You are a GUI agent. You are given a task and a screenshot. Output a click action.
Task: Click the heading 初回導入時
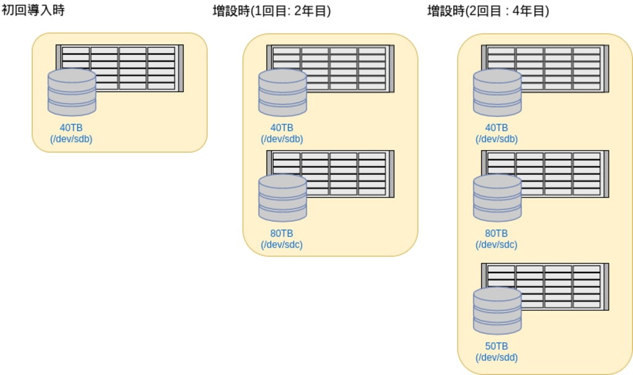pos(33,11)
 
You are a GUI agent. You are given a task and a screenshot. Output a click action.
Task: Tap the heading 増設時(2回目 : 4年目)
pos(488,11)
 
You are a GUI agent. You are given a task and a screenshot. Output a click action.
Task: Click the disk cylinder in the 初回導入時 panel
pos(72,92)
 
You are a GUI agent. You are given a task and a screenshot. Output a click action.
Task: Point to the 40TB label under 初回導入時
pos(71,128)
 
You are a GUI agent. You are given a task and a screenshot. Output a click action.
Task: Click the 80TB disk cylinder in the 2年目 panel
pos(283,198)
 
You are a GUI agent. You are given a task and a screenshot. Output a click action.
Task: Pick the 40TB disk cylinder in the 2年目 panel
pos(283,93)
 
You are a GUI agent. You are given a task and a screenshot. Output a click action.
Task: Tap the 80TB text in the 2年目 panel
pos(282,234)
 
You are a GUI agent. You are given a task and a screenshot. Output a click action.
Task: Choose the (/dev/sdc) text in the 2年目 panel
pos(282,245)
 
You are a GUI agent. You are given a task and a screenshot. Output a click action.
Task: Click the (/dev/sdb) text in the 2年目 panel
pos(282,139)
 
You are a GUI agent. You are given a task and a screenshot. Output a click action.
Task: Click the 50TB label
pos(496,346)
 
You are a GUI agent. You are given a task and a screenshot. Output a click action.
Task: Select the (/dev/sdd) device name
pos(496,357)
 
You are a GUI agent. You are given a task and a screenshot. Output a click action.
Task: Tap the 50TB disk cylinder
pos(497,311)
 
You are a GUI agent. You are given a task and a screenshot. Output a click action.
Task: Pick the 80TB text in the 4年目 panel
pos(496,234)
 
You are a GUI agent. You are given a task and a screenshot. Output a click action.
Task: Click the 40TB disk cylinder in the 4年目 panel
pos(497,93)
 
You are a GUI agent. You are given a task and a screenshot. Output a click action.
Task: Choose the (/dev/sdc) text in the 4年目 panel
pos(496,245)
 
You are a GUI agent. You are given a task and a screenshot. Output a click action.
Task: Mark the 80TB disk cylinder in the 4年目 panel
pos(497,198)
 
